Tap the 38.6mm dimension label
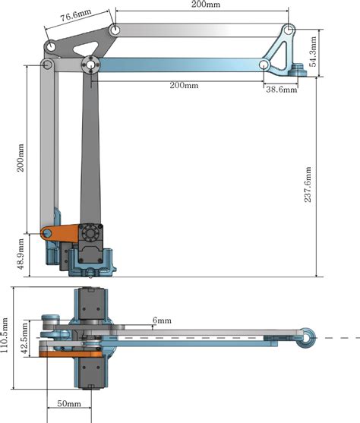[x=279, y=90]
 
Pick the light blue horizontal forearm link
[x=182, y=66]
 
